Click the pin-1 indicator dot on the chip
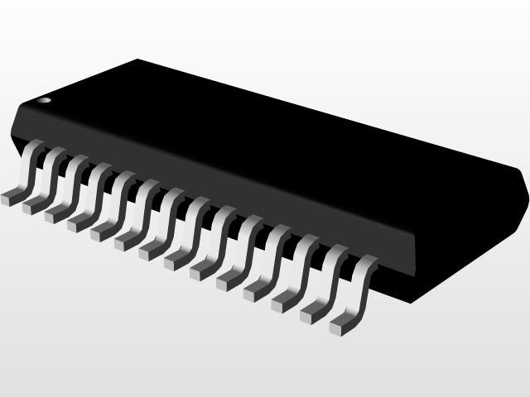pos(45,100)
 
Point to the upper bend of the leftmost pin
pos(33,148)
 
